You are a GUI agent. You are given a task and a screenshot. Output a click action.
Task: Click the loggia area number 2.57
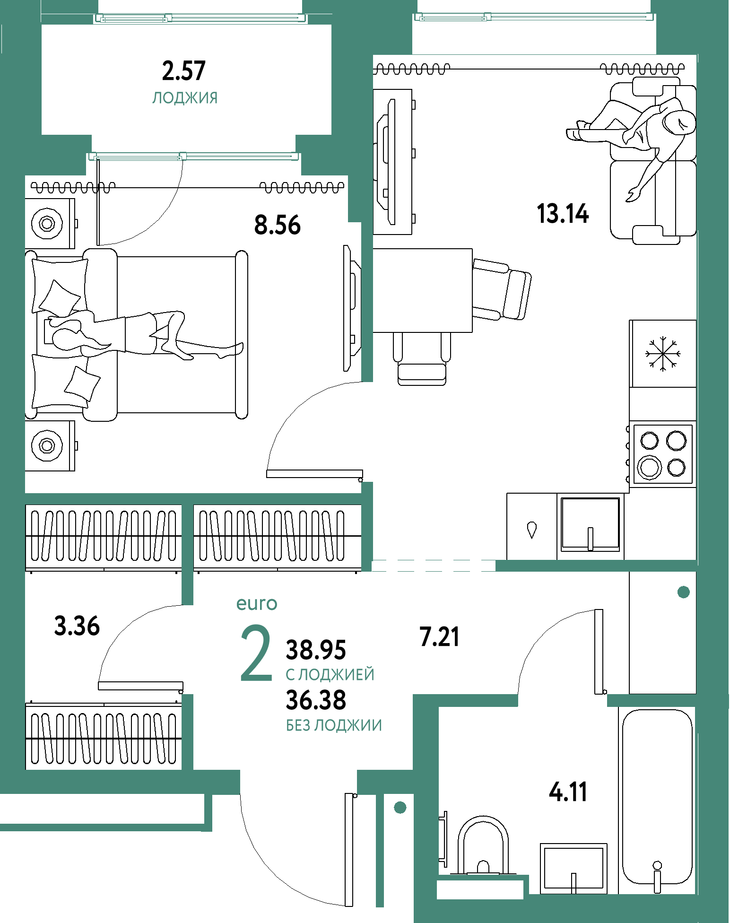(183, 71)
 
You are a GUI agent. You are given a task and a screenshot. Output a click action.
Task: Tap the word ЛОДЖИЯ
(185, 98)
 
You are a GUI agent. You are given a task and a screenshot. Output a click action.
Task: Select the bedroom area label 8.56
(278, 225)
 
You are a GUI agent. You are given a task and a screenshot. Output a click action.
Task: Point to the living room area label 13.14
(563, 213)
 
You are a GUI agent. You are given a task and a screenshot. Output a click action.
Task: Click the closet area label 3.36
(77, 626)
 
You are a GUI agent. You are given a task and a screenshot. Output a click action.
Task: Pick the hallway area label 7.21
(439, 636)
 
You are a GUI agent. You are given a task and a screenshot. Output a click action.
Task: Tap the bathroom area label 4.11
(568, 792)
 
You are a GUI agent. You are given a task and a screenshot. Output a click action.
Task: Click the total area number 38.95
(316, 650)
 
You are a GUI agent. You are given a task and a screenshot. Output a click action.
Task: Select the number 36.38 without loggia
(316, 700)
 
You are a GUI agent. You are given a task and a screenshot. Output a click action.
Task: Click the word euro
(257, 604)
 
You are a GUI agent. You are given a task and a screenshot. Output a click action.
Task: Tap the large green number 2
(256, 653)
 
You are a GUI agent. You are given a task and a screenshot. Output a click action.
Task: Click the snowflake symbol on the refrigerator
(663, 354)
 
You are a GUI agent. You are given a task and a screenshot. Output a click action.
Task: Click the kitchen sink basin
(591, 524)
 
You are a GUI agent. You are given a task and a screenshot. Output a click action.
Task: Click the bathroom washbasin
(574, 868)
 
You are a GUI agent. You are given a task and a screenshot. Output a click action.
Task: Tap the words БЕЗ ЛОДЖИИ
(334, 725)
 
